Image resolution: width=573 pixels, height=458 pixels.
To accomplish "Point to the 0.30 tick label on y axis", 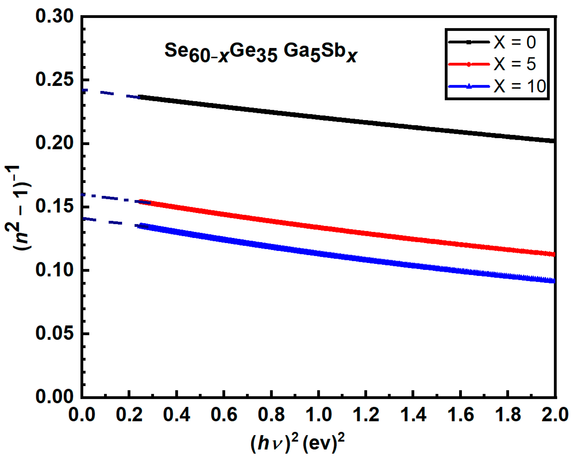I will [54, 16].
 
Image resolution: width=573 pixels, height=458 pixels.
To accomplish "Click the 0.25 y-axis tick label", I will [54, 80].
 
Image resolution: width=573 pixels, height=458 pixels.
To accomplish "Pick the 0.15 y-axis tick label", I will [54, 207].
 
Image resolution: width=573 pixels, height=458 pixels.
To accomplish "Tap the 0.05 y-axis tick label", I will [54, 334].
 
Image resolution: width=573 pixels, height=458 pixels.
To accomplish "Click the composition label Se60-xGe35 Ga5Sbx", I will [261, 52].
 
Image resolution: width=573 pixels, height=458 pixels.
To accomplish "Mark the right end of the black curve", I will [554, 141].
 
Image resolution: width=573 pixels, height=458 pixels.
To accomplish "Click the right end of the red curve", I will [554, 255].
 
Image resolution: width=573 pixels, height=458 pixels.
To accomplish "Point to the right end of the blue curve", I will [554, 281].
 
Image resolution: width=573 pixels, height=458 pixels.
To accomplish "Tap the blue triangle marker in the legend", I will [469, 86].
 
